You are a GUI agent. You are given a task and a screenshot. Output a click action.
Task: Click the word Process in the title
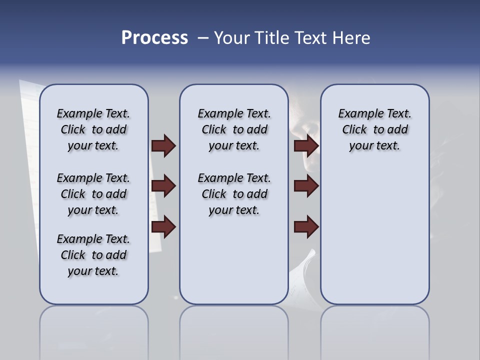click(x=154, y=38)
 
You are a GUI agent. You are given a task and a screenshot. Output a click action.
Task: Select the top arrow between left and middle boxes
click(x=163, y=145)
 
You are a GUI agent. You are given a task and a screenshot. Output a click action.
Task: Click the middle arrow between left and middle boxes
click(x=163, y=186)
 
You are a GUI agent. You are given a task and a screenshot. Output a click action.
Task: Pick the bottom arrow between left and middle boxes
click(x=163, y=227)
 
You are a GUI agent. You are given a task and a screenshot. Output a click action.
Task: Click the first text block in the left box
click(x=93, y=129)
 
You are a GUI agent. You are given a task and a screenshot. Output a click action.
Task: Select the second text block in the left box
click(x=93, y=194)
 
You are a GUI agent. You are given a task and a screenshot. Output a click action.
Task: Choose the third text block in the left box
click(x=93, y=255)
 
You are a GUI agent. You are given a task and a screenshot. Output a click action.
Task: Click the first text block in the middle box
click(x=234, y=129)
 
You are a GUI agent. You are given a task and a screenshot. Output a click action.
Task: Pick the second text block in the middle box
click(x=234, y=194)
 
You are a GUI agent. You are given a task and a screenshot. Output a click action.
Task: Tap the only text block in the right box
click(x=374, y=129)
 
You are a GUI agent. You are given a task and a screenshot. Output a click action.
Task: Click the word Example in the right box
click(x=359, y=114)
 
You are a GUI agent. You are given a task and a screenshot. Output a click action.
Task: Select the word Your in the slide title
click(x=232, y=38)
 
